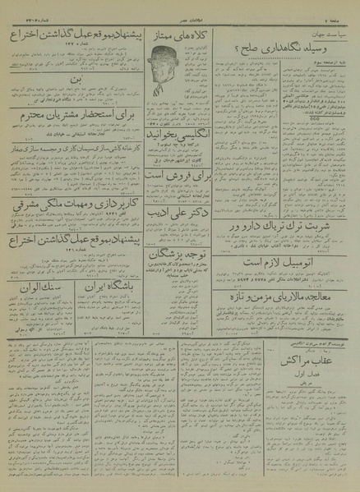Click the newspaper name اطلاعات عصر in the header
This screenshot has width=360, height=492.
point(181,10)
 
